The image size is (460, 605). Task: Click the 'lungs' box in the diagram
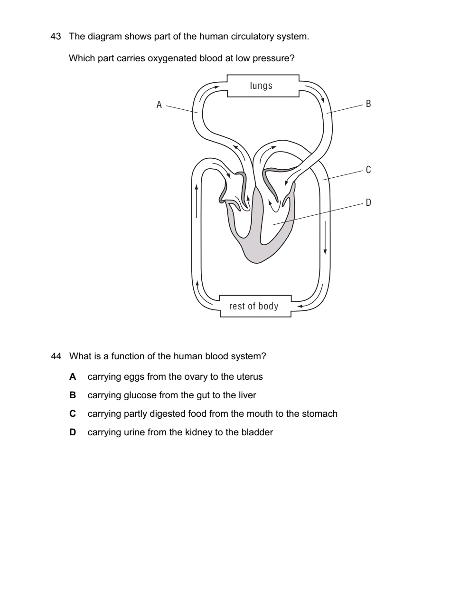(262, 86)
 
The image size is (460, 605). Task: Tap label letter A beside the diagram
(160, 105)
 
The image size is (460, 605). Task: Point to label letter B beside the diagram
(368, 104)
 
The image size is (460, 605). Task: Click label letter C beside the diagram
(368, 170)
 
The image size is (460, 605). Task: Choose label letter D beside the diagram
(368, 202)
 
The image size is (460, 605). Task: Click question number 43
(56, 37)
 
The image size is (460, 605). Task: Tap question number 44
(56, 356)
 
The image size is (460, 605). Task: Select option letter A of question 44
(73, 377)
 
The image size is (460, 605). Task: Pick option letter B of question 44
(73, 395)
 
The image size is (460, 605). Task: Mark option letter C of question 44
(73, 414)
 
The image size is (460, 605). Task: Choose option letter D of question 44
(73, 432)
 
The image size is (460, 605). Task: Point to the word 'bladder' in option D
(258, 432)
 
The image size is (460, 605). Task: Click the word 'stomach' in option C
(320, 414)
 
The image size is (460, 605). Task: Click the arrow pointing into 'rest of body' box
(302, 307)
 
